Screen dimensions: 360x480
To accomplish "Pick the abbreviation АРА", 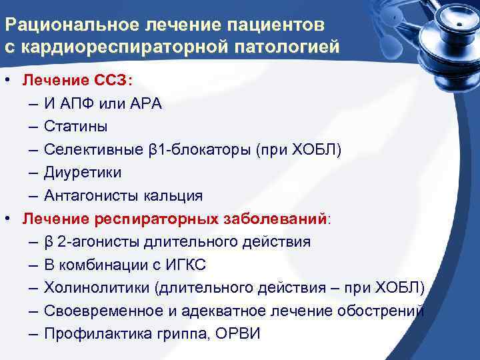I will (x=147, y=104).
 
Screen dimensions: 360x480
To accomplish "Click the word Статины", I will (x=75, y=127).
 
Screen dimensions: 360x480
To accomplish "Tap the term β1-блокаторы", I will (x=198, y=149).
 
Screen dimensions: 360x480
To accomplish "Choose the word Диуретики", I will (x=83, y=173).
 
